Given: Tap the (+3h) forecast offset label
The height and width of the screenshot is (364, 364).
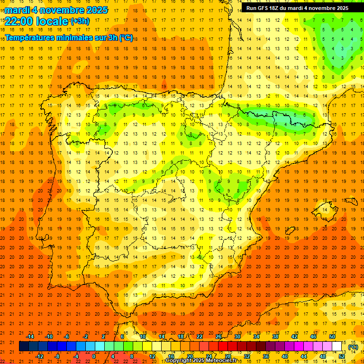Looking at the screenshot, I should pos(80,21).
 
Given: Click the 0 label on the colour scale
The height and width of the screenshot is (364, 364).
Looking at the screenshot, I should pos(94,356).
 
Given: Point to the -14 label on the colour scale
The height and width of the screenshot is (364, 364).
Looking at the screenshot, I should pos(30,337).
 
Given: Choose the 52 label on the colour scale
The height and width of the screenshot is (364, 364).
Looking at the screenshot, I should pos(342,356).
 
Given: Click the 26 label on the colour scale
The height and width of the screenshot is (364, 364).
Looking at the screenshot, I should pos(218,337).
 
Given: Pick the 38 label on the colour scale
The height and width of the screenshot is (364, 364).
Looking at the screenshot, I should pos(275,337).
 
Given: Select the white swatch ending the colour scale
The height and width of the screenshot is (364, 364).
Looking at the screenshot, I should pos(337,346).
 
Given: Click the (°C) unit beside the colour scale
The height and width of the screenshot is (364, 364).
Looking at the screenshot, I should pos(353,347).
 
